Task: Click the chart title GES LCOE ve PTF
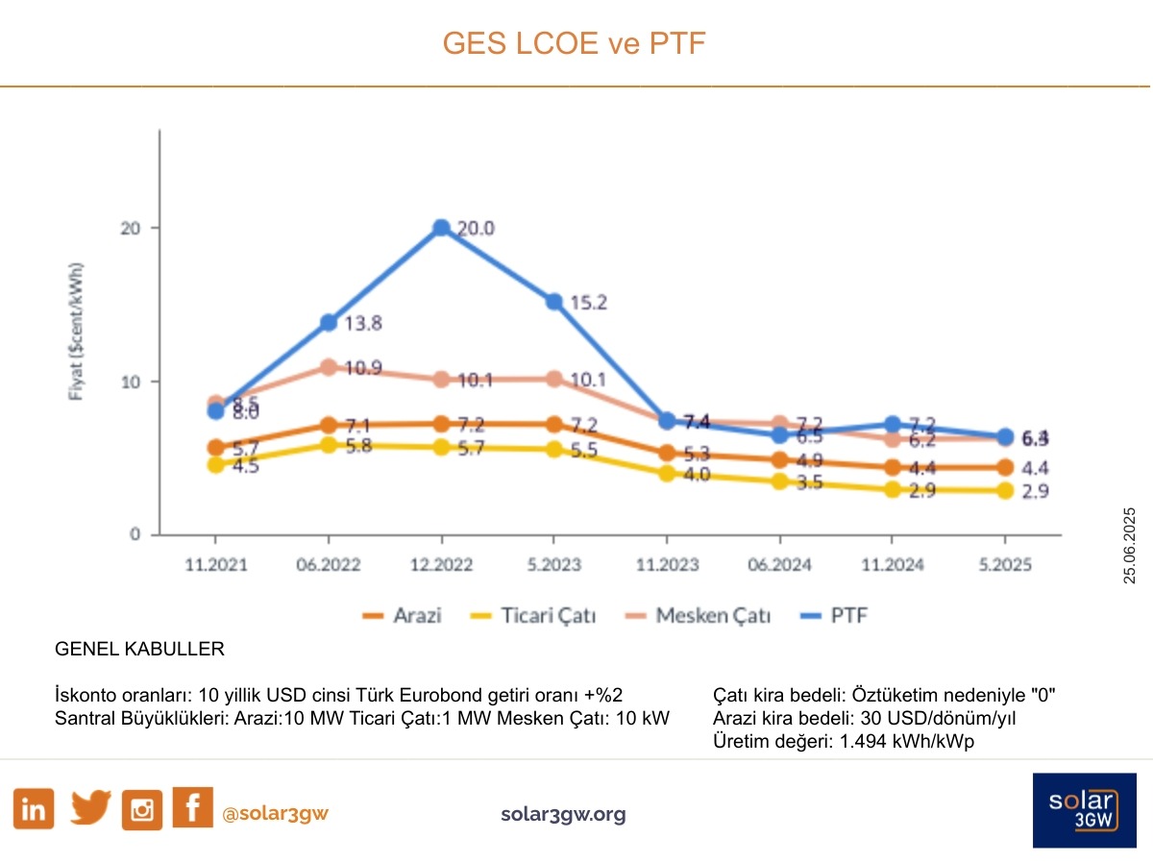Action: coord(574,43)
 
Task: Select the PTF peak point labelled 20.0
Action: coord(441,228)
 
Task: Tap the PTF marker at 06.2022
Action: coord(329,322)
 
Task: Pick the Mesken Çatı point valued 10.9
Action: coord(329,367)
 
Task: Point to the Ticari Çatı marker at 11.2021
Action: coord(215,465)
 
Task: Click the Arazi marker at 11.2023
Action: coord(667,454)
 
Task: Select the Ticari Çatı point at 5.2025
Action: coord(1004,490)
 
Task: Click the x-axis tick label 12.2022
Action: coord(441,565)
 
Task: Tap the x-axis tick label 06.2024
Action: coord(779,565)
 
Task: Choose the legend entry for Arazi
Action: coord(402,615)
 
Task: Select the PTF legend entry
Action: coord(838,615)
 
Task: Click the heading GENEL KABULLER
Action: coord(140,650)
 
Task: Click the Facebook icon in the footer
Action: coord(192,807)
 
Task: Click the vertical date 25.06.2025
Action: coord(1130,545)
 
